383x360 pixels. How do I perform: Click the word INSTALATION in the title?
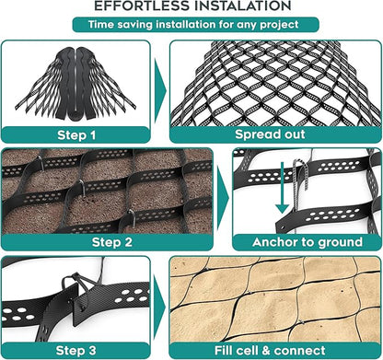coord(240,6)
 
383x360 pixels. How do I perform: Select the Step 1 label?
coord(76,135)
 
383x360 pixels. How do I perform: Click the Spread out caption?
coord(270,134)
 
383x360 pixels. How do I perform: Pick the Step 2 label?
coord(112,242)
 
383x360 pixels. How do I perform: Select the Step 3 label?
coord(76,350)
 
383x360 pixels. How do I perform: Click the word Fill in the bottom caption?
coord(223,350)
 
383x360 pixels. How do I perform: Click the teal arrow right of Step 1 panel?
coord(160,91)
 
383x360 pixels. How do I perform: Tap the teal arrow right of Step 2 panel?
coord(223,198)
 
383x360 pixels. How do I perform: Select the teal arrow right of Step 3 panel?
coord(159,307)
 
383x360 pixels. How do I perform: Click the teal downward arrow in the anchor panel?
coord(282,188)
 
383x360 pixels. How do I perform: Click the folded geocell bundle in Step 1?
coord(75,83)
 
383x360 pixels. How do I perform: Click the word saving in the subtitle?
coord(134,25)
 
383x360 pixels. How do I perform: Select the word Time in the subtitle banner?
coord(101,24)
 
